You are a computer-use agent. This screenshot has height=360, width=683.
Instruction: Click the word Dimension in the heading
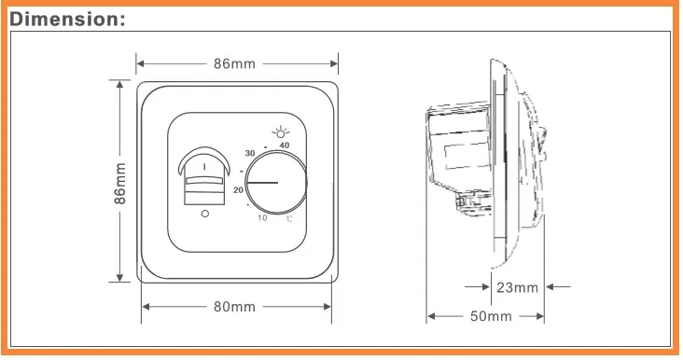(x=64, y=20)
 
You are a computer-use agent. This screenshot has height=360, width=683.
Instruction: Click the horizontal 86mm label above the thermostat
(x=234, y=64)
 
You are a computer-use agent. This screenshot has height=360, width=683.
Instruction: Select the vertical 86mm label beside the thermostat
(x=119, y=184)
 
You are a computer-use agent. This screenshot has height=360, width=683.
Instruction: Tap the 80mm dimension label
(x=234, y=307)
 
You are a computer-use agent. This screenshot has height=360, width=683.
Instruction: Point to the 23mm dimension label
(x=518, y=287)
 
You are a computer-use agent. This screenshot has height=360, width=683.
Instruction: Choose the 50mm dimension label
(x=491, y=316)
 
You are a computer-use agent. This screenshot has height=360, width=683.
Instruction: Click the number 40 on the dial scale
(x=284, y=145)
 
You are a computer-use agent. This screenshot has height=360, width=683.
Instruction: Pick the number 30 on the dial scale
(x=249, y=153)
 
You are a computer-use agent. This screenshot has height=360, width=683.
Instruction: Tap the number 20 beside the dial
(x=238, y=190)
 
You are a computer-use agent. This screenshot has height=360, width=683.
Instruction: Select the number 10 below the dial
(x=262, y=217)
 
